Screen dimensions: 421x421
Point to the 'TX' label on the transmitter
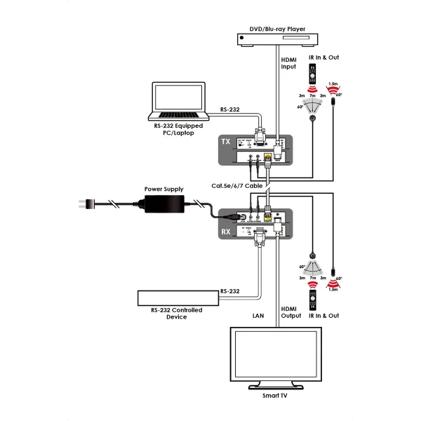pos(226,141)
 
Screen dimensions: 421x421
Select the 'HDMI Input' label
pos(289,64)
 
